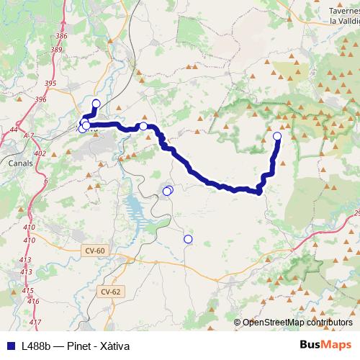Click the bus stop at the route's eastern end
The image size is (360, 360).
coord(277,135)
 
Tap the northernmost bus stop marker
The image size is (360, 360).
coord(96,103)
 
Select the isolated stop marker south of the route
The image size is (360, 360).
coord(188,239)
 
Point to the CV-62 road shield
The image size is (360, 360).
coord(110,292)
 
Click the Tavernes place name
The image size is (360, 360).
coord(343,11)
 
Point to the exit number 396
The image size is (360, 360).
coord(40,99)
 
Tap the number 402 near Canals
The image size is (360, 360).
coord(39,153)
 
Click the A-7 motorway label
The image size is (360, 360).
coord(28,135)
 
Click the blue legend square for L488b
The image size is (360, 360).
coord(10,346)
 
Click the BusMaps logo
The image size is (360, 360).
coord(325,345)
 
